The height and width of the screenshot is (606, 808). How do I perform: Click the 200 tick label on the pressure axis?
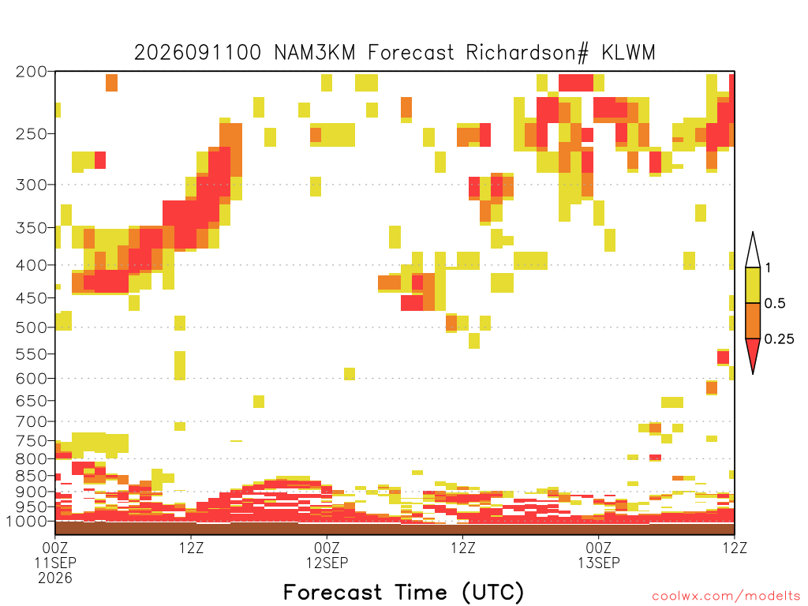pos(32,72)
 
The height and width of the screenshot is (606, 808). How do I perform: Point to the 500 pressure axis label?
pos(32,327)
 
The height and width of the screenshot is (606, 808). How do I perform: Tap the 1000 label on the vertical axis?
pos(28,522)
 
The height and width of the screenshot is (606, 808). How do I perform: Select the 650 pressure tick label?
pos(32,400)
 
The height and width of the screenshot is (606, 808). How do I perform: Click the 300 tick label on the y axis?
pos(32,185)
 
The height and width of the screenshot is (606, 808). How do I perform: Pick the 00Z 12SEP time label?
pos(327,555)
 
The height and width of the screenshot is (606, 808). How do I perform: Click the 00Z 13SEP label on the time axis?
pos(598,555)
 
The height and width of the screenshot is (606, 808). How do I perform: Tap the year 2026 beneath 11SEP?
pos(55,578)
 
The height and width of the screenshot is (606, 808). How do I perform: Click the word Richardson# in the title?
pos(527,53)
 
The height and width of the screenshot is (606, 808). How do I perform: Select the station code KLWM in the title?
pos(629,53)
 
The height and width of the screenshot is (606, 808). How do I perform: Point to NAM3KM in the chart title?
pos(315,53)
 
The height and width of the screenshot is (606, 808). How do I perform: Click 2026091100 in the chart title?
pos(197,53)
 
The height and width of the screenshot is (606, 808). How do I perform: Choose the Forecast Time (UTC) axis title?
pos(403,593)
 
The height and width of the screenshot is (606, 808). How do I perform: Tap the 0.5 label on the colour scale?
pos(775,304)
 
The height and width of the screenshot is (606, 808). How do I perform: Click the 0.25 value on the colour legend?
pos(779,339)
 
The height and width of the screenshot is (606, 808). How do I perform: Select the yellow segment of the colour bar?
pos(753,286)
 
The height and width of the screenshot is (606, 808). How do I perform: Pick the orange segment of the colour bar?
pos(753,321)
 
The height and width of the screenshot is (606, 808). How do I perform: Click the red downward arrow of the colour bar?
pos(753,353)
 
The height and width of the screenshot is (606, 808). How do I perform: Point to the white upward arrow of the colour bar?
pos(753,253)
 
